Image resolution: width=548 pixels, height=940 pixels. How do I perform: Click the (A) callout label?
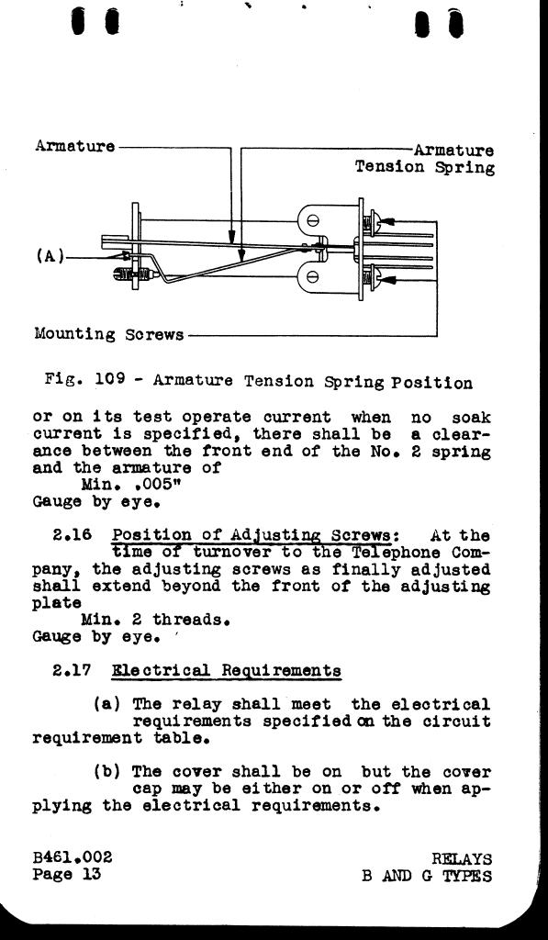[50, 257]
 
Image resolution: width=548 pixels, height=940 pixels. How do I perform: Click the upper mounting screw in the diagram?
[371, 222]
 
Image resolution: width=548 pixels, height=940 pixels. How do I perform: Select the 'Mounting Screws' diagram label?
[109, 335]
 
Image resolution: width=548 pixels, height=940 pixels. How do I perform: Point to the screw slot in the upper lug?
[312, 220]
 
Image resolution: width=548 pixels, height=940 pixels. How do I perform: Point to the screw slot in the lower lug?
[312, 277]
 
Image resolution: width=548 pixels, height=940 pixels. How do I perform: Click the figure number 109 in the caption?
[110, 379]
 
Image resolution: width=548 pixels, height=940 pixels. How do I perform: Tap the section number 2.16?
[73, 535]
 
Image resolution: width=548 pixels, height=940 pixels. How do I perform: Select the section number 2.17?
[72, 670]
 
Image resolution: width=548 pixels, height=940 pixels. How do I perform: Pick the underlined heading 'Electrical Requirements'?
[227, 671]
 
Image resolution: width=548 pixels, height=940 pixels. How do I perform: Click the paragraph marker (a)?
[107, 704]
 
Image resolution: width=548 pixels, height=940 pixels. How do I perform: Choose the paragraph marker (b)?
[107, 771]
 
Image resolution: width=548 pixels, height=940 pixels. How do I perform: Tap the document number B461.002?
[73, 857]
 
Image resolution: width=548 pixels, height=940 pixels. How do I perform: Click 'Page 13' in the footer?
[67, 874]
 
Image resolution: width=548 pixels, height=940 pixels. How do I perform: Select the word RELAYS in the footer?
[462, 859]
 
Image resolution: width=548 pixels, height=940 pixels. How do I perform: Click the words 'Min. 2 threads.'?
[156, 620]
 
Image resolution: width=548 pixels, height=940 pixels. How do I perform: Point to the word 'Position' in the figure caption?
[431, 383]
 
